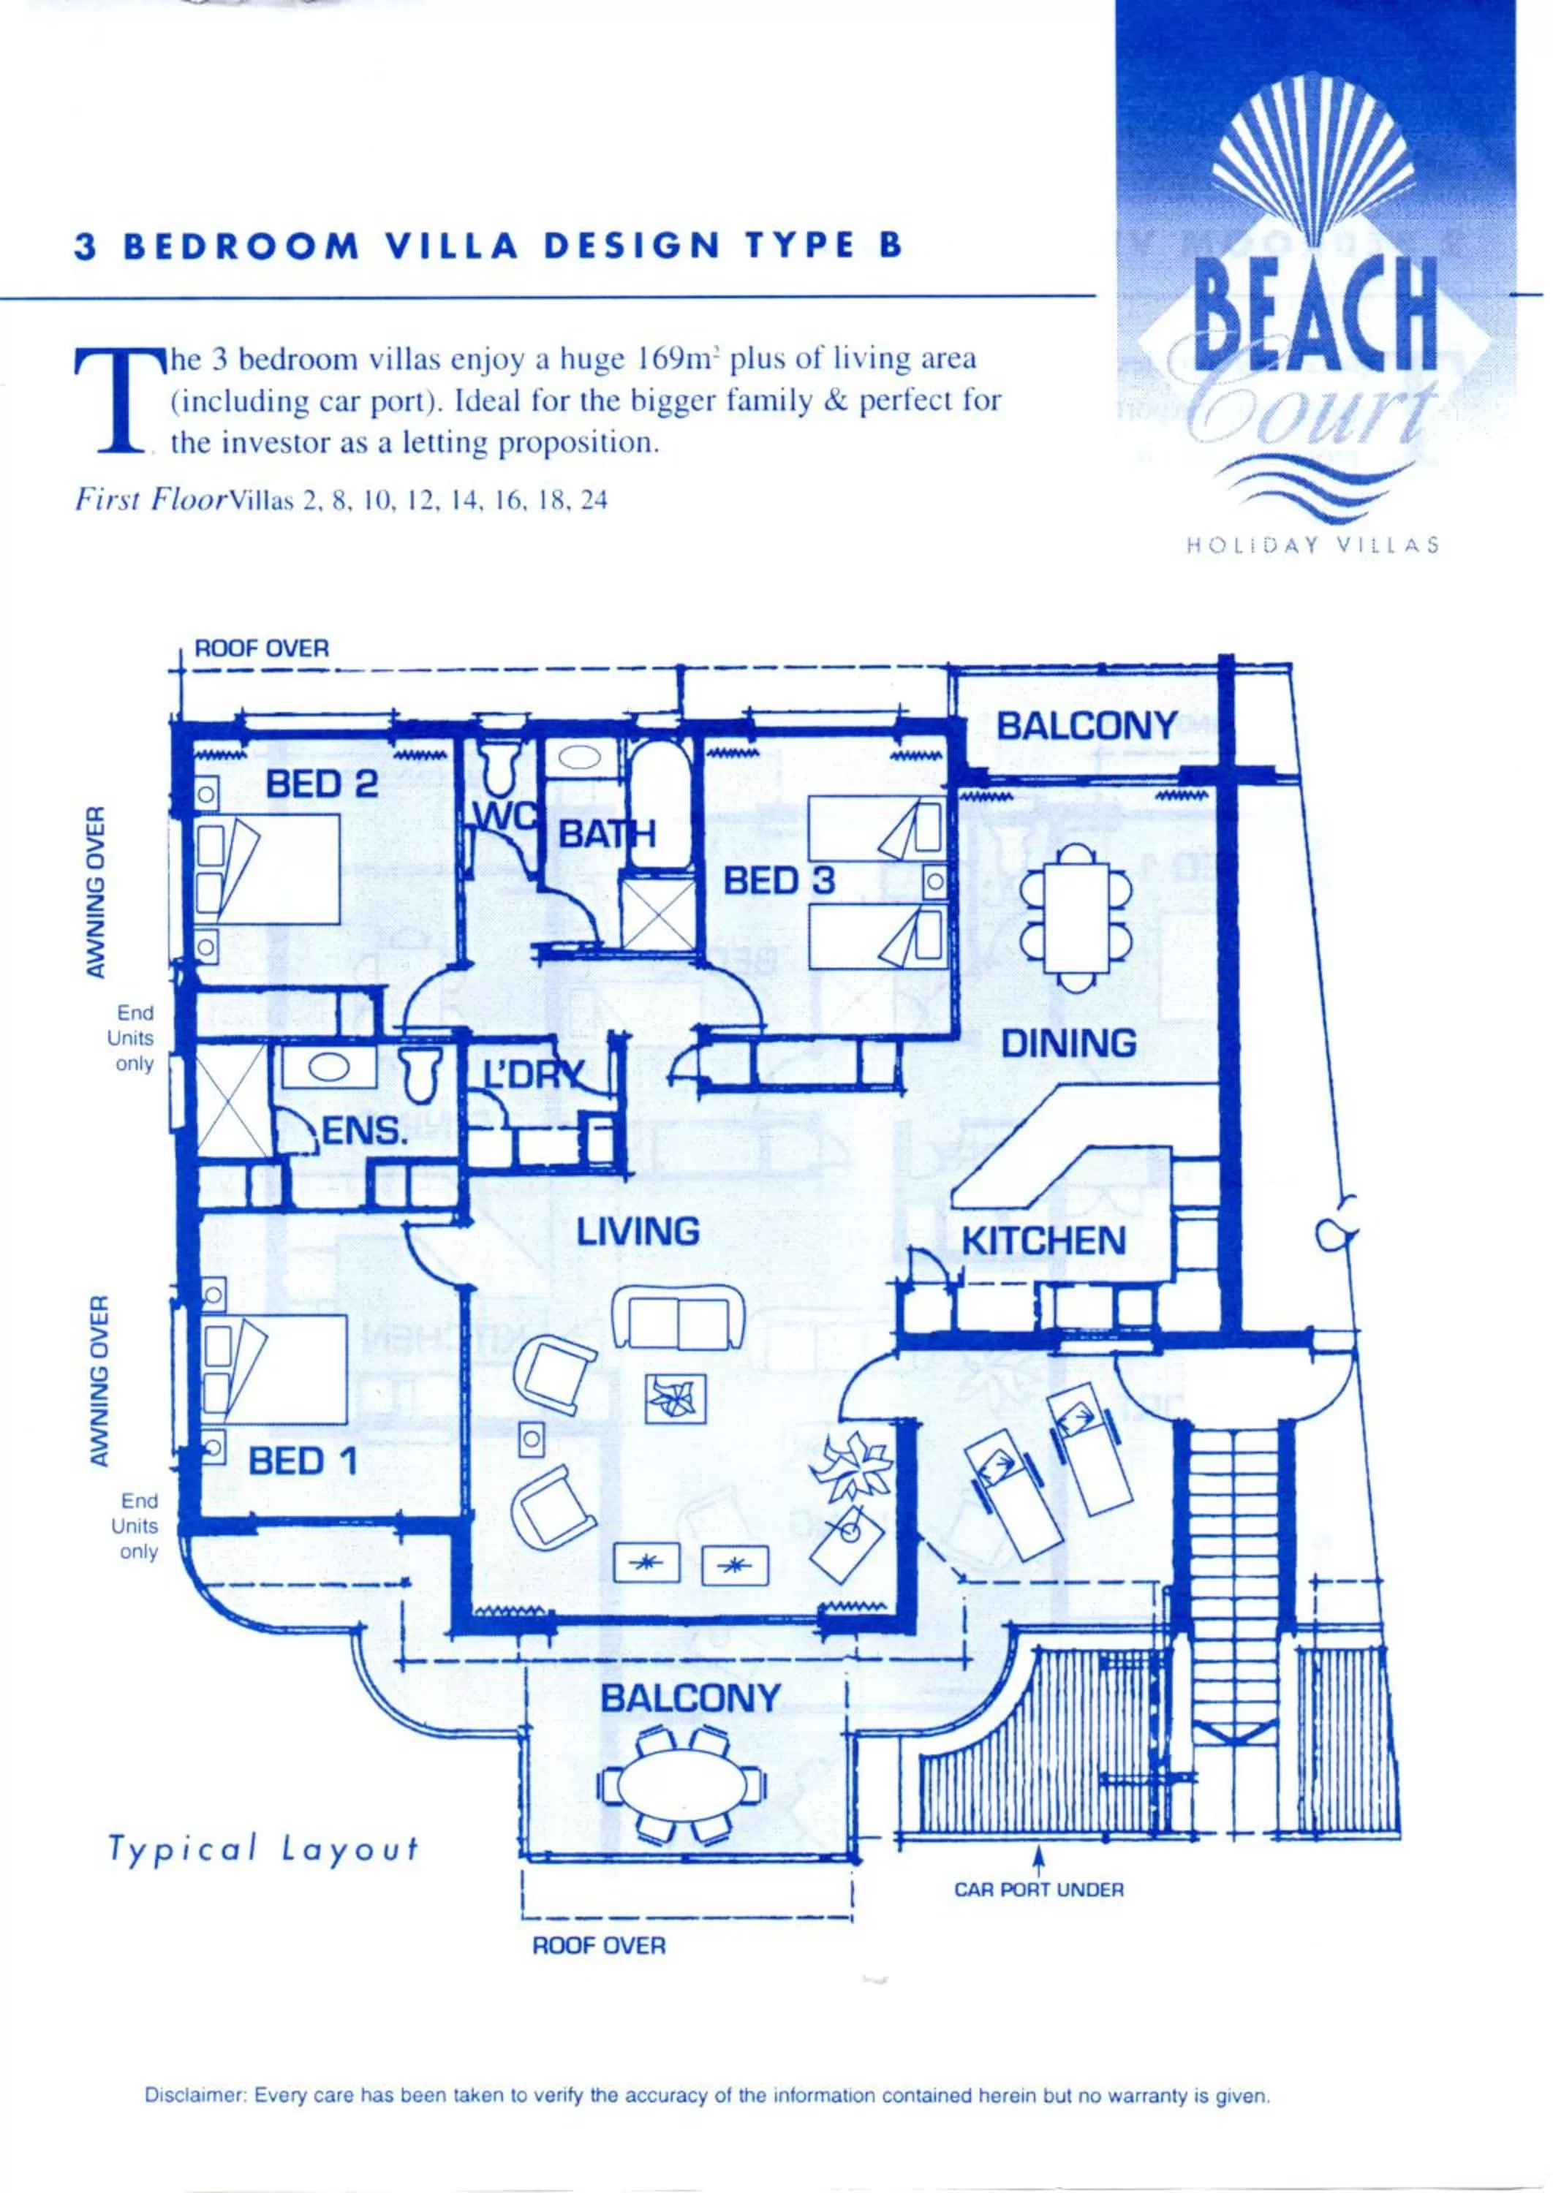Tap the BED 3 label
coord(779,880)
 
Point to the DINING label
coord(1068,1043)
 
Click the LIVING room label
coord(638,1231)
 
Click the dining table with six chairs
coord(1077,916)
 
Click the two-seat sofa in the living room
coord(678,1317)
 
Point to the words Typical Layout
coord(264,1848)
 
